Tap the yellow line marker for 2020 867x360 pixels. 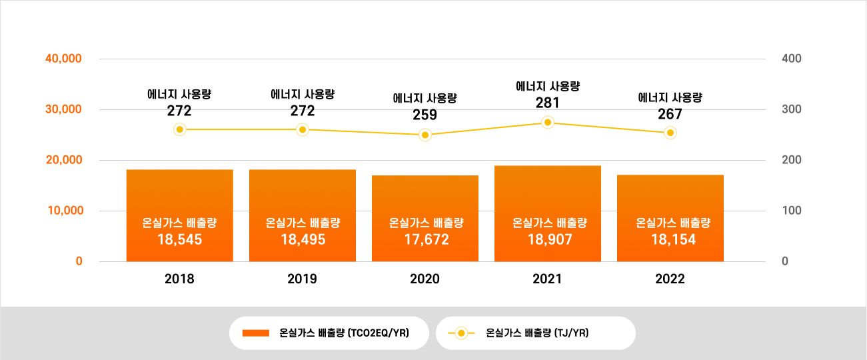425,135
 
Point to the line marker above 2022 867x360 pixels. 670,133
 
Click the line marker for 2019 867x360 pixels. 303,129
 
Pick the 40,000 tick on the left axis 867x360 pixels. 63,59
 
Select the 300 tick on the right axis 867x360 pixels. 792,109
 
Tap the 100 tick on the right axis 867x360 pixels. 792,211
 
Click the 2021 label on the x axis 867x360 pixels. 548,279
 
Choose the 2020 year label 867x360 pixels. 425,279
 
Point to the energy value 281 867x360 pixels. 548,103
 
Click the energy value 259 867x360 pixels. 425,115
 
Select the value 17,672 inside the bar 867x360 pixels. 425,239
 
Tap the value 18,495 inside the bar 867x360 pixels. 303,239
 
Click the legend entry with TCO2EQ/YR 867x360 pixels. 329,333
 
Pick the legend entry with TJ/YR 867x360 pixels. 536,333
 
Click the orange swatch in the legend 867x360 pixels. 255,333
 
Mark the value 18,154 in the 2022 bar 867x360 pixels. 670,239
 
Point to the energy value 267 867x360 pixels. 670,115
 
